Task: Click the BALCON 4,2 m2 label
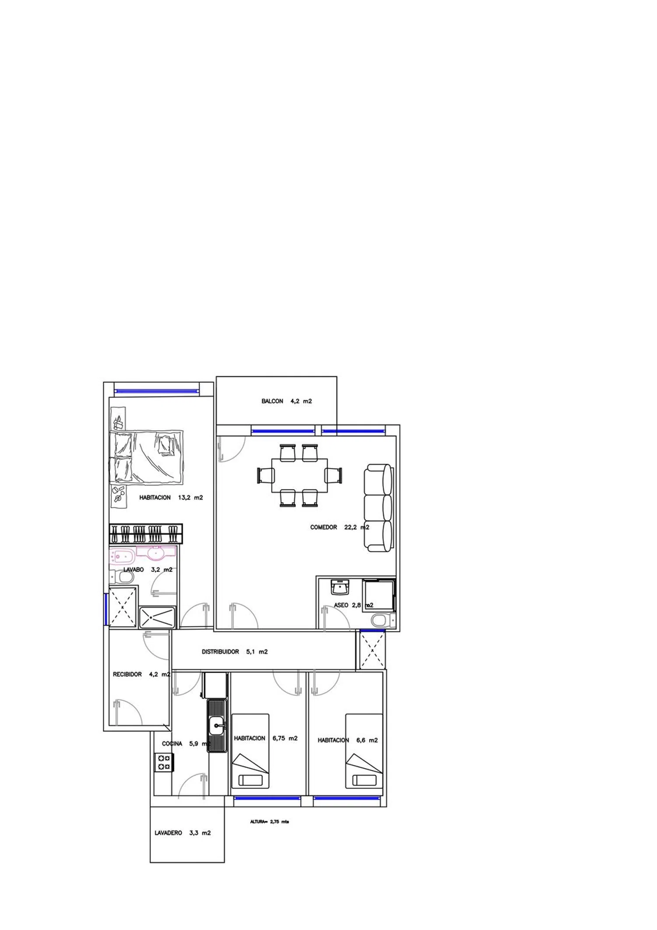286,401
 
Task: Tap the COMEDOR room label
323,527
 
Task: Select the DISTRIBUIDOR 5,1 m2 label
234,652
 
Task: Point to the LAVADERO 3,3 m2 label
182,833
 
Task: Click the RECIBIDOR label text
127,674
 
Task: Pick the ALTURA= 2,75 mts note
269,822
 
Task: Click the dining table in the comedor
300,476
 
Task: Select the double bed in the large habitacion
146,457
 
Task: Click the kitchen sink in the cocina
217,726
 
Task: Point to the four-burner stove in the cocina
164,762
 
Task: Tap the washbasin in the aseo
340,587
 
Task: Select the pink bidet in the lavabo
122,556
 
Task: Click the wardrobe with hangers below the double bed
146,534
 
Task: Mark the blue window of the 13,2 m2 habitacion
156,392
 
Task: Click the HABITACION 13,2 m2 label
171,498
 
